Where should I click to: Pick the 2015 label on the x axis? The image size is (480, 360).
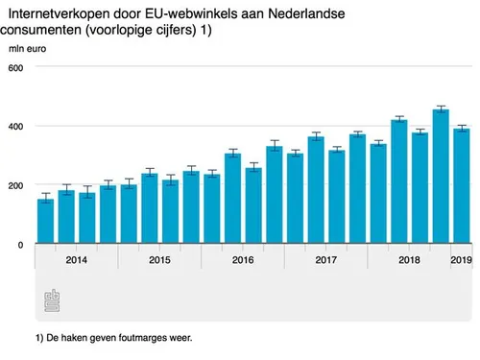point(159,260)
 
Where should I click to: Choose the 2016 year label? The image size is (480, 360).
point(243,260)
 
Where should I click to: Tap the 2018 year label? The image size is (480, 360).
point(409,260)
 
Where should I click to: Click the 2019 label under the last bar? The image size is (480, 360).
point(462,260)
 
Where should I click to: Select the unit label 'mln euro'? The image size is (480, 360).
point(28,49)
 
